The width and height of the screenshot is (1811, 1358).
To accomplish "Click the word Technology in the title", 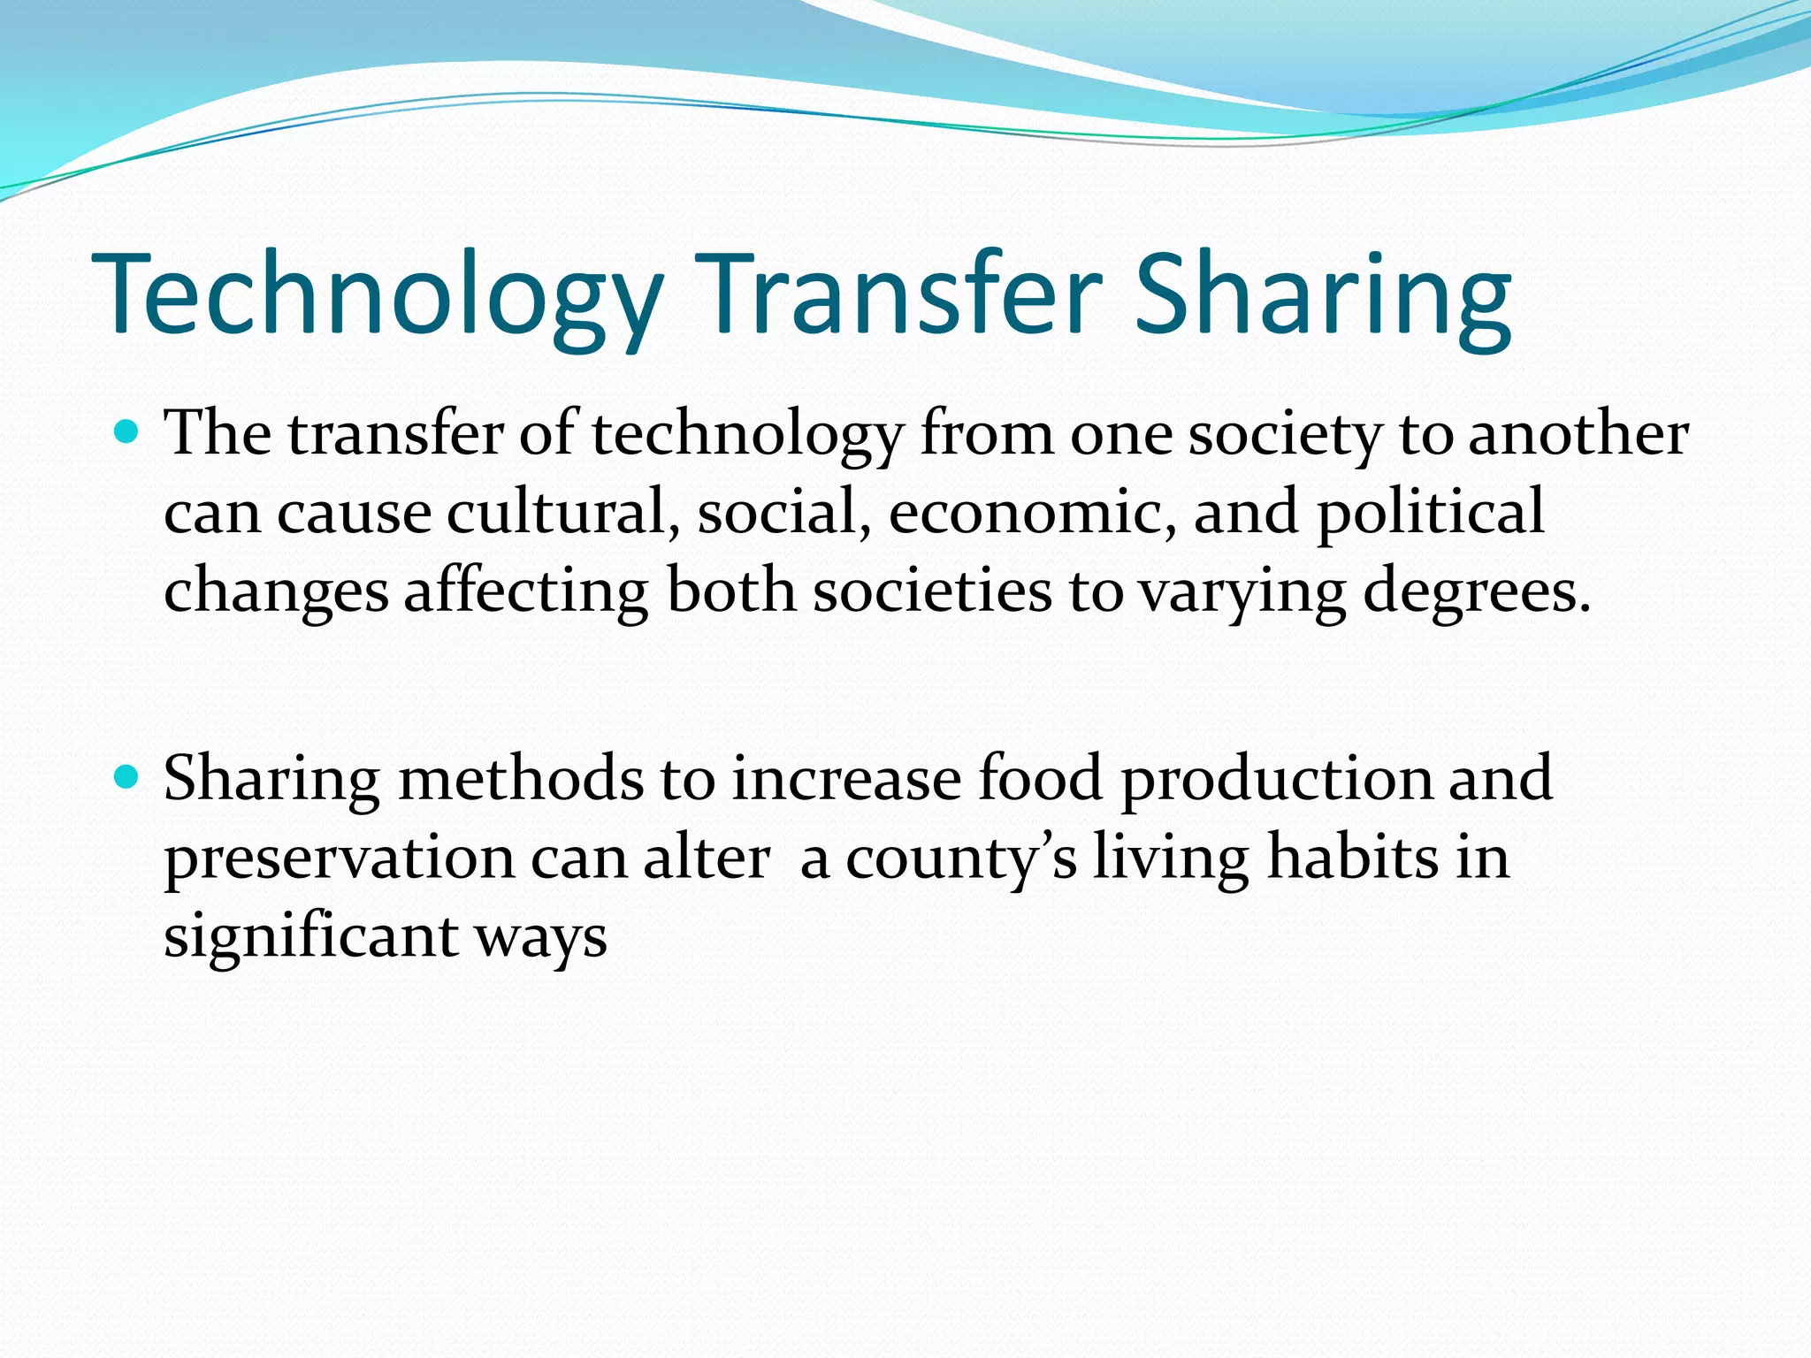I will click(x=377, y=296).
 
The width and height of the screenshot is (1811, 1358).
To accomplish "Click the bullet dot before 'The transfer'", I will click(x=128, y=432).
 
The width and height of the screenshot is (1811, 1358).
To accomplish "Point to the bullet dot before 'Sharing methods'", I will click(x=128, y=777).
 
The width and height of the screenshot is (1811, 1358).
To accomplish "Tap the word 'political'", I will click(x=1431, y=513).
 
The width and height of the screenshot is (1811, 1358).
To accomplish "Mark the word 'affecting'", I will click(x=526, y=592).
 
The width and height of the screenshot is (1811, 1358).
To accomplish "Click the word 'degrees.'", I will click(x=1477, y=592).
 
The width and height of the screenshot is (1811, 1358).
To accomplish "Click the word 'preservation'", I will click(x=339, y=858).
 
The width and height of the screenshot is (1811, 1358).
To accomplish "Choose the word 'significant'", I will click(x=310, y=937).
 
